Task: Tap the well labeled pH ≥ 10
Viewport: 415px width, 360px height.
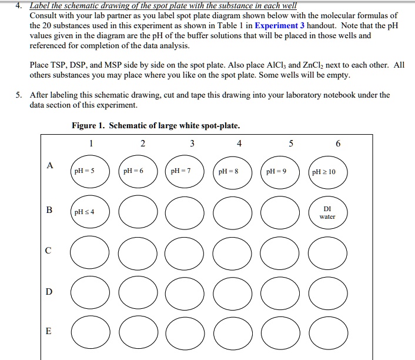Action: pyautogui.click(x=327, y=172)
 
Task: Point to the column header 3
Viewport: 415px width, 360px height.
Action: pyautogui.click(x=192, y=144)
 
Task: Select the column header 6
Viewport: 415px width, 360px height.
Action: pyautogui.click(x=338, y=144)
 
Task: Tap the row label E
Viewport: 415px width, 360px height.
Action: pyautogui.click(x=49, y=331)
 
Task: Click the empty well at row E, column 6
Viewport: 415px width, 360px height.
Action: pyautogui.click(x=327, y=332)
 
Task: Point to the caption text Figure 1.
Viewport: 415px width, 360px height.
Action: pyautogui.click(x=88, y=125)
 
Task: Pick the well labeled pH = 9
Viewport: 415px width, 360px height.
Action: pyautogui.click(x=280, y=172)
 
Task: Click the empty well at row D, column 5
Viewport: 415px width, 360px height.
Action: pyautogui.click(x=280, y=293)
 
